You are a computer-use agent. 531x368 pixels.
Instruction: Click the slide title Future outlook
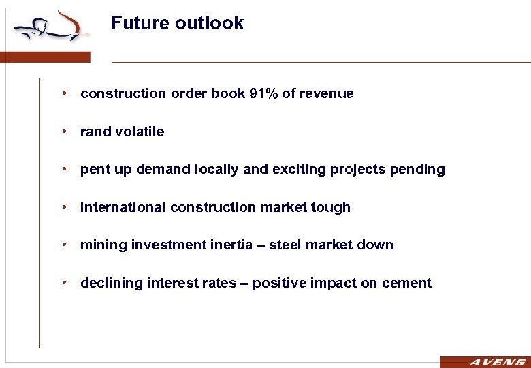pyautogui.click(x=177, y=23)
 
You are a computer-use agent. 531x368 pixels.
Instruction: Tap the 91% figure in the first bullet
pyautogui.click(x=264, y=94)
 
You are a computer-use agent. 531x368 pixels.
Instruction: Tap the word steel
pyautogui.click(x=286, y=245)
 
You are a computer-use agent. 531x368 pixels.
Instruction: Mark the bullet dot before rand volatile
pyautogui.click(x=62, y=132)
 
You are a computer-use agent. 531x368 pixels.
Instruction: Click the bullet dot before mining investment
pyautogui.click(x=62, y=245)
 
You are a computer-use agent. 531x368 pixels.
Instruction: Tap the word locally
pyautogui.click(x=217, y=170)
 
